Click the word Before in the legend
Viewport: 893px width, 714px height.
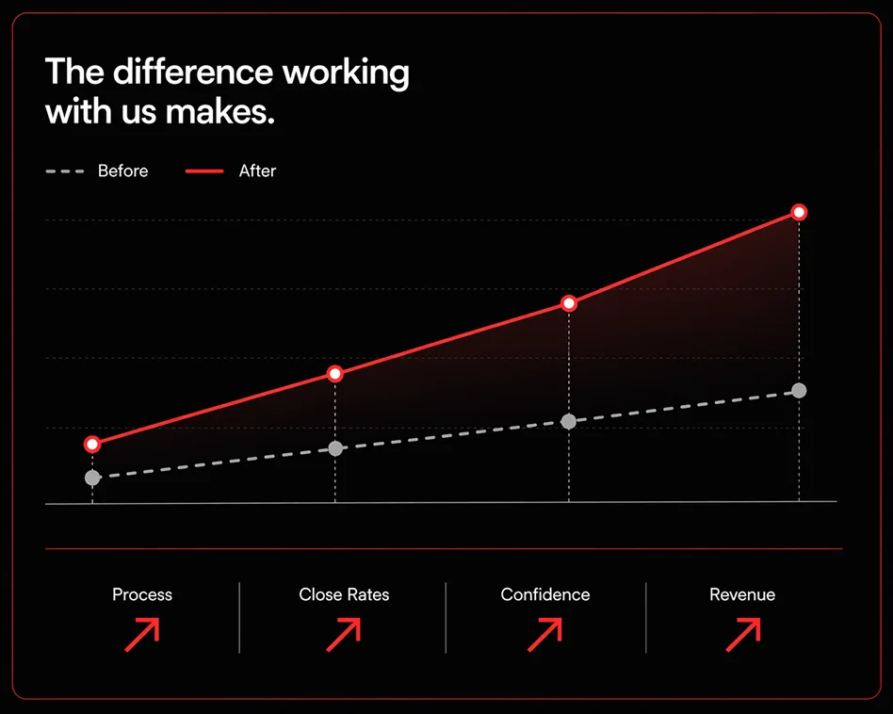click(123, 170)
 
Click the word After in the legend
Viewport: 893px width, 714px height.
click(257, 170)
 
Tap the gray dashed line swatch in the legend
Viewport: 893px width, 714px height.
click(65, 170)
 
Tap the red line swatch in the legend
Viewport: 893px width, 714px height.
click(204, 170)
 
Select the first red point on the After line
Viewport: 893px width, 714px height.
click(92, 444)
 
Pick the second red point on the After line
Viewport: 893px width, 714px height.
click(335, 374)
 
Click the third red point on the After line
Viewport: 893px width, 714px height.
click(569, 303)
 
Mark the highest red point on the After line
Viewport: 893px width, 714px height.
click(799, 212)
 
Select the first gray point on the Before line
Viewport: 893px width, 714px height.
click(92, 478)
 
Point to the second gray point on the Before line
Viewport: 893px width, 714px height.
click(335, 448)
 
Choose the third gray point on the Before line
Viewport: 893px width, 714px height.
click(569, 421)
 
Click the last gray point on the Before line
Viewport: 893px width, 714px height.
click(799, 391)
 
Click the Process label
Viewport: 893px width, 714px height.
click(142, 594)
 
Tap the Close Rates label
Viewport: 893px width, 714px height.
click(344, 594)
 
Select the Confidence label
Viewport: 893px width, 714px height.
click(545, 594)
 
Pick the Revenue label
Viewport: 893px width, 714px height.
click(742, 594)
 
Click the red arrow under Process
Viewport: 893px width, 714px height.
click(142, 635)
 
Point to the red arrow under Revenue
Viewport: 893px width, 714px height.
click(744, 635)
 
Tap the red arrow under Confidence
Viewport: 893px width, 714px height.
click(545, 635)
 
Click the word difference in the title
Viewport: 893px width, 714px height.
click(193, 73)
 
